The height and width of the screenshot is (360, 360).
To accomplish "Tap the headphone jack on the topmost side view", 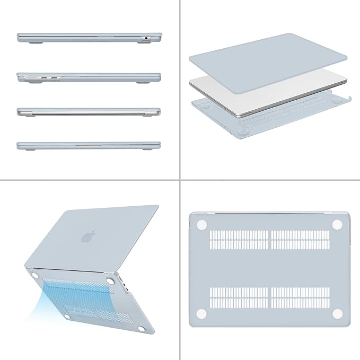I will tap(145, 38).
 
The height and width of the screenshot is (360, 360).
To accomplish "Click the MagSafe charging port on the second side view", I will tap(31, 78).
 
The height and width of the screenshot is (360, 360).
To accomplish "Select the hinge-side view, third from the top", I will tap(89, 112).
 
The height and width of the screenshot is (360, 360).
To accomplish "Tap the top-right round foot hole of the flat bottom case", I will tap(337, 225).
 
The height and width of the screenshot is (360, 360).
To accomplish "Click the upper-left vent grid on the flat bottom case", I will tap(239, 240).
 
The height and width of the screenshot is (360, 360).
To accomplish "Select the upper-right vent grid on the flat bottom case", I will tap(300, 240).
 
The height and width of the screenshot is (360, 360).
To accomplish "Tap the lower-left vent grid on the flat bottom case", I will tap(239, 298).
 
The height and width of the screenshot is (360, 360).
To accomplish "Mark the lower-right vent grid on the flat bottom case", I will tap(300, 298).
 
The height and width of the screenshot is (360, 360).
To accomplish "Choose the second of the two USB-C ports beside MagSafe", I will tap(54, 78).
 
